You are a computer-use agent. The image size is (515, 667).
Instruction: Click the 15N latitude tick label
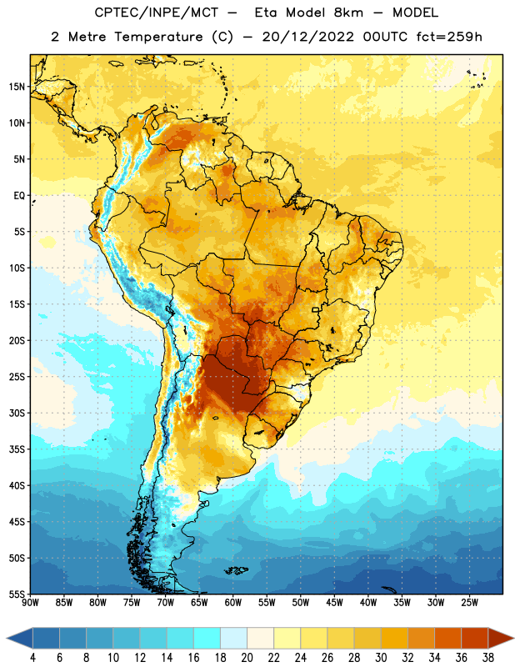[x=17, y=87]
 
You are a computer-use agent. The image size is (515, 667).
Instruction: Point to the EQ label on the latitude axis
[x=19, y=196]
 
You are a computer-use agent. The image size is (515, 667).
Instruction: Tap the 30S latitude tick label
[x=17, y=413]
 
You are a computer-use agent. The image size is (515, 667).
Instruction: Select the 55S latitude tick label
[x=17, y=594]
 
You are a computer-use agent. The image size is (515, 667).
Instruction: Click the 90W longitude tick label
[x=30, y=603]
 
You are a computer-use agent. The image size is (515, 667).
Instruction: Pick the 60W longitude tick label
[x=233, y=603]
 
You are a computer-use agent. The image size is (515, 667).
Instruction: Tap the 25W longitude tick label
[x=469, y=603]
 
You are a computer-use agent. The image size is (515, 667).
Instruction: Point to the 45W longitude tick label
[x=334, y=603]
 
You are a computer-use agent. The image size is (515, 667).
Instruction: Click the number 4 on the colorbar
[x=32, y=658]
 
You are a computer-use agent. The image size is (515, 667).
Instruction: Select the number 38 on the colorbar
[x=487, y=658]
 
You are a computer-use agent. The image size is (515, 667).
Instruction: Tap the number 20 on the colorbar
[x=247, y=658]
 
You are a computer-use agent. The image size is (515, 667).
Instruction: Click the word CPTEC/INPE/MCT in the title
[x=156, y=13]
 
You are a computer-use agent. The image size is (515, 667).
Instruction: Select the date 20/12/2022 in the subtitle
[x=307, y=37]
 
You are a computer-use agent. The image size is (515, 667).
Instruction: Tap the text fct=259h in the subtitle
[x=449, y=37]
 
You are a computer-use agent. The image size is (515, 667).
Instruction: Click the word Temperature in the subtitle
[x=158, y=37]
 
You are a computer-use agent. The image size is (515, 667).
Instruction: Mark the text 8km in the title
[x=348, y=13]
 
